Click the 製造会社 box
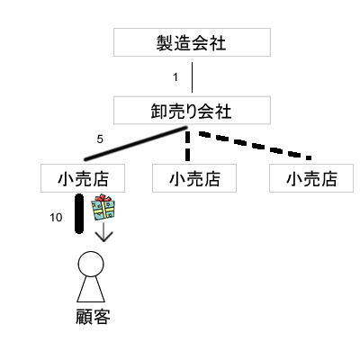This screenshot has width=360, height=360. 193,42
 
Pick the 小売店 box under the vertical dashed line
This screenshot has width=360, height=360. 193,177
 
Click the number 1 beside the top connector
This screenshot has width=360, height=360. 175,77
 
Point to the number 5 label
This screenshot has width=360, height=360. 100,139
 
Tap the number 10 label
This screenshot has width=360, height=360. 56,217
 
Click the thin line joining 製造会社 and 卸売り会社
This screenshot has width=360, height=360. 193,77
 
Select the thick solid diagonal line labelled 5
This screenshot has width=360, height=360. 135,146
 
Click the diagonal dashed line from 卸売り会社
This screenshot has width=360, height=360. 256,144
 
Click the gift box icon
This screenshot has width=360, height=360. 105,210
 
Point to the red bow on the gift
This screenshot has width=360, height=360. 105,199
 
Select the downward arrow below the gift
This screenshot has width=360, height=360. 105,233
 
